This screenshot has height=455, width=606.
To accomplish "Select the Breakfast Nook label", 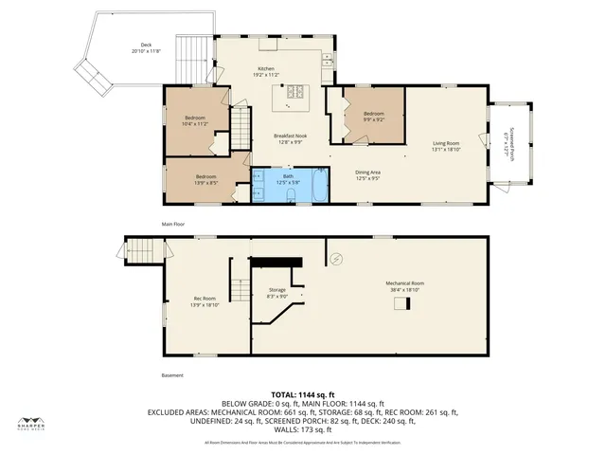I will pos(288,138).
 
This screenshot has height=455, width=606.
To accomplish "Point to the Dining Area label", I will pos(367,174).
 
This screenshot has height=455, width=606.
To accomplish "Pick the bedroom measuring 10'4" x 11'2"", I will pos(195,120).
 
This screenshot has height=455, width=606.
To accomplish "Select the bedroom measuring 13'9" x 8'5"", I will pos(206,179).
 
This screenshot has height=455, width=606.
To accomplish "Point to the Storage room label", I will pos(276,292).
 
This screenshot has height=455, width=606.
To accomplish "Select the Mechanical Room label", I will pos(404,285).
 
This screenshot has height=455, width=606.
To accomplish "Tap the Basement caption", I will pos(145,375).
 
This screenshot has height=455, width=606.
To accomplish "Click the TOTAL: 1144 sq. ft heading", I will pos(302,394).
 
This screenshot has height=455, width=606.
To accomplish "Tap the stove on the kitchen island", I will pos(294,93).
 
